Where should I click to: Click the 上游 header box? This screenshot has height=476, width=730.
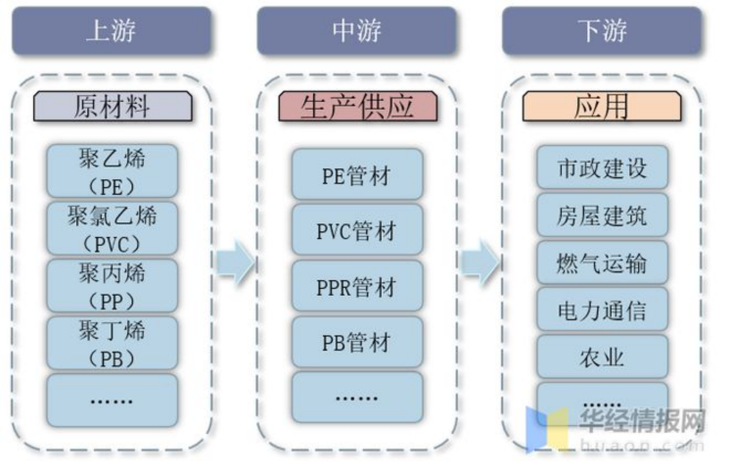(111, 31)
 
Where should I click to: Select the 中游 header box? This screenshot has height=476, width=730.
(356, 31)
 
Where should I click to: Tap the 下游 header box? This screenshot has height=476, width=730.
(602, 31)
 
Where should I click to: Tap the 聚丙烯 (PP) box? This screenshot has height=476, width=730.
(112, 286)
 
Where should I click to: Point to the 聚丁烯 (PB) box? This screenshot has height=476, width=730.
(112, 342)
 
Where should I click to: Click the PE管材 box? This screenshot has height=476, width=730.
(357, 175)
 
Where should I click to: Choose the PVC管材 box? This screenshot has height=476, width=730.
(357, 230)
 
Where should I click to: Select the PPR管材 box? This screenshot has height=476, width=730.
(357, 286)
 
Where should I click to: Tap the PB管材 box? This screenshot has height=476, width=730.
(357, 342)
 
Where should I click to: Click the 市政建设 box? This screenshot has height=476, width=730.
(602, 168)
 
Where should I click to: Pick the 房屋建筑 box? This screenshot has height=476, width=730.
(602, 215)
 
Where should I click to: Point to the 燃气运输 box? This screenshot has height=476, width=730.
(602, 262)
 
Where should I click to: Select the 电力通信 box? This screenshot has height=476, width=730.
(602, 309)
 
